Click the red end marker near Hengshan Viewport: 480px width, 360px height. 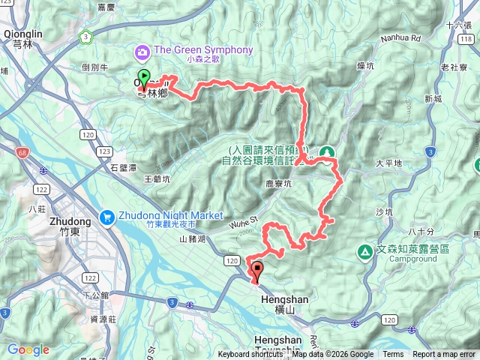[x=256, y=271]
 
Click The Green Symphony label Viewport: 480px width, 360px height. [x=203, y=50]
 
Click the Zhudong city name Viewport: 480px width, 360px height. [x=69, y=222]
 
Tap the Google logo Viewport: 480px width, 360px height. [x=28, y=349]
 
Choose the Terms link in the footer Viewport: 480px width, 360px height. [x=393, y=355]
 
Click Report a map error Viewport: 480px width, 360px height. [x=445, y=355]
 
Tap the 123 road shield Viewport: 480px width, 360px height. [x=103, y=151]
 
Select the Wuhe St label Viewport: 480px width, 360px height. [x=247, y=221]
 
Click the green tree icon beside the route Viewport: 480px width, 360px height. [x=328, y=151]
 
